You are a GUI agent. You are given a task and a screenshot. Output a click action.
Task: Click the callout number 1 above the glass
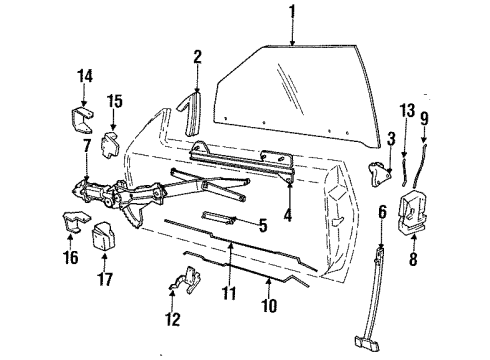292,13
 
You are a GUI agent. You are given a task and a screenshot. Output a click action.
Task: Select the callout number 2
198,57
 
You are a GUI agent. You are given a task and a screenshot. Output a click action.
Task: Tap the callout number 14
83,74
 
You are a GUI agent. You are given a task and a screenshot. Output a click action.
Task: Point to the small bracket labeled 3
378,171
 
